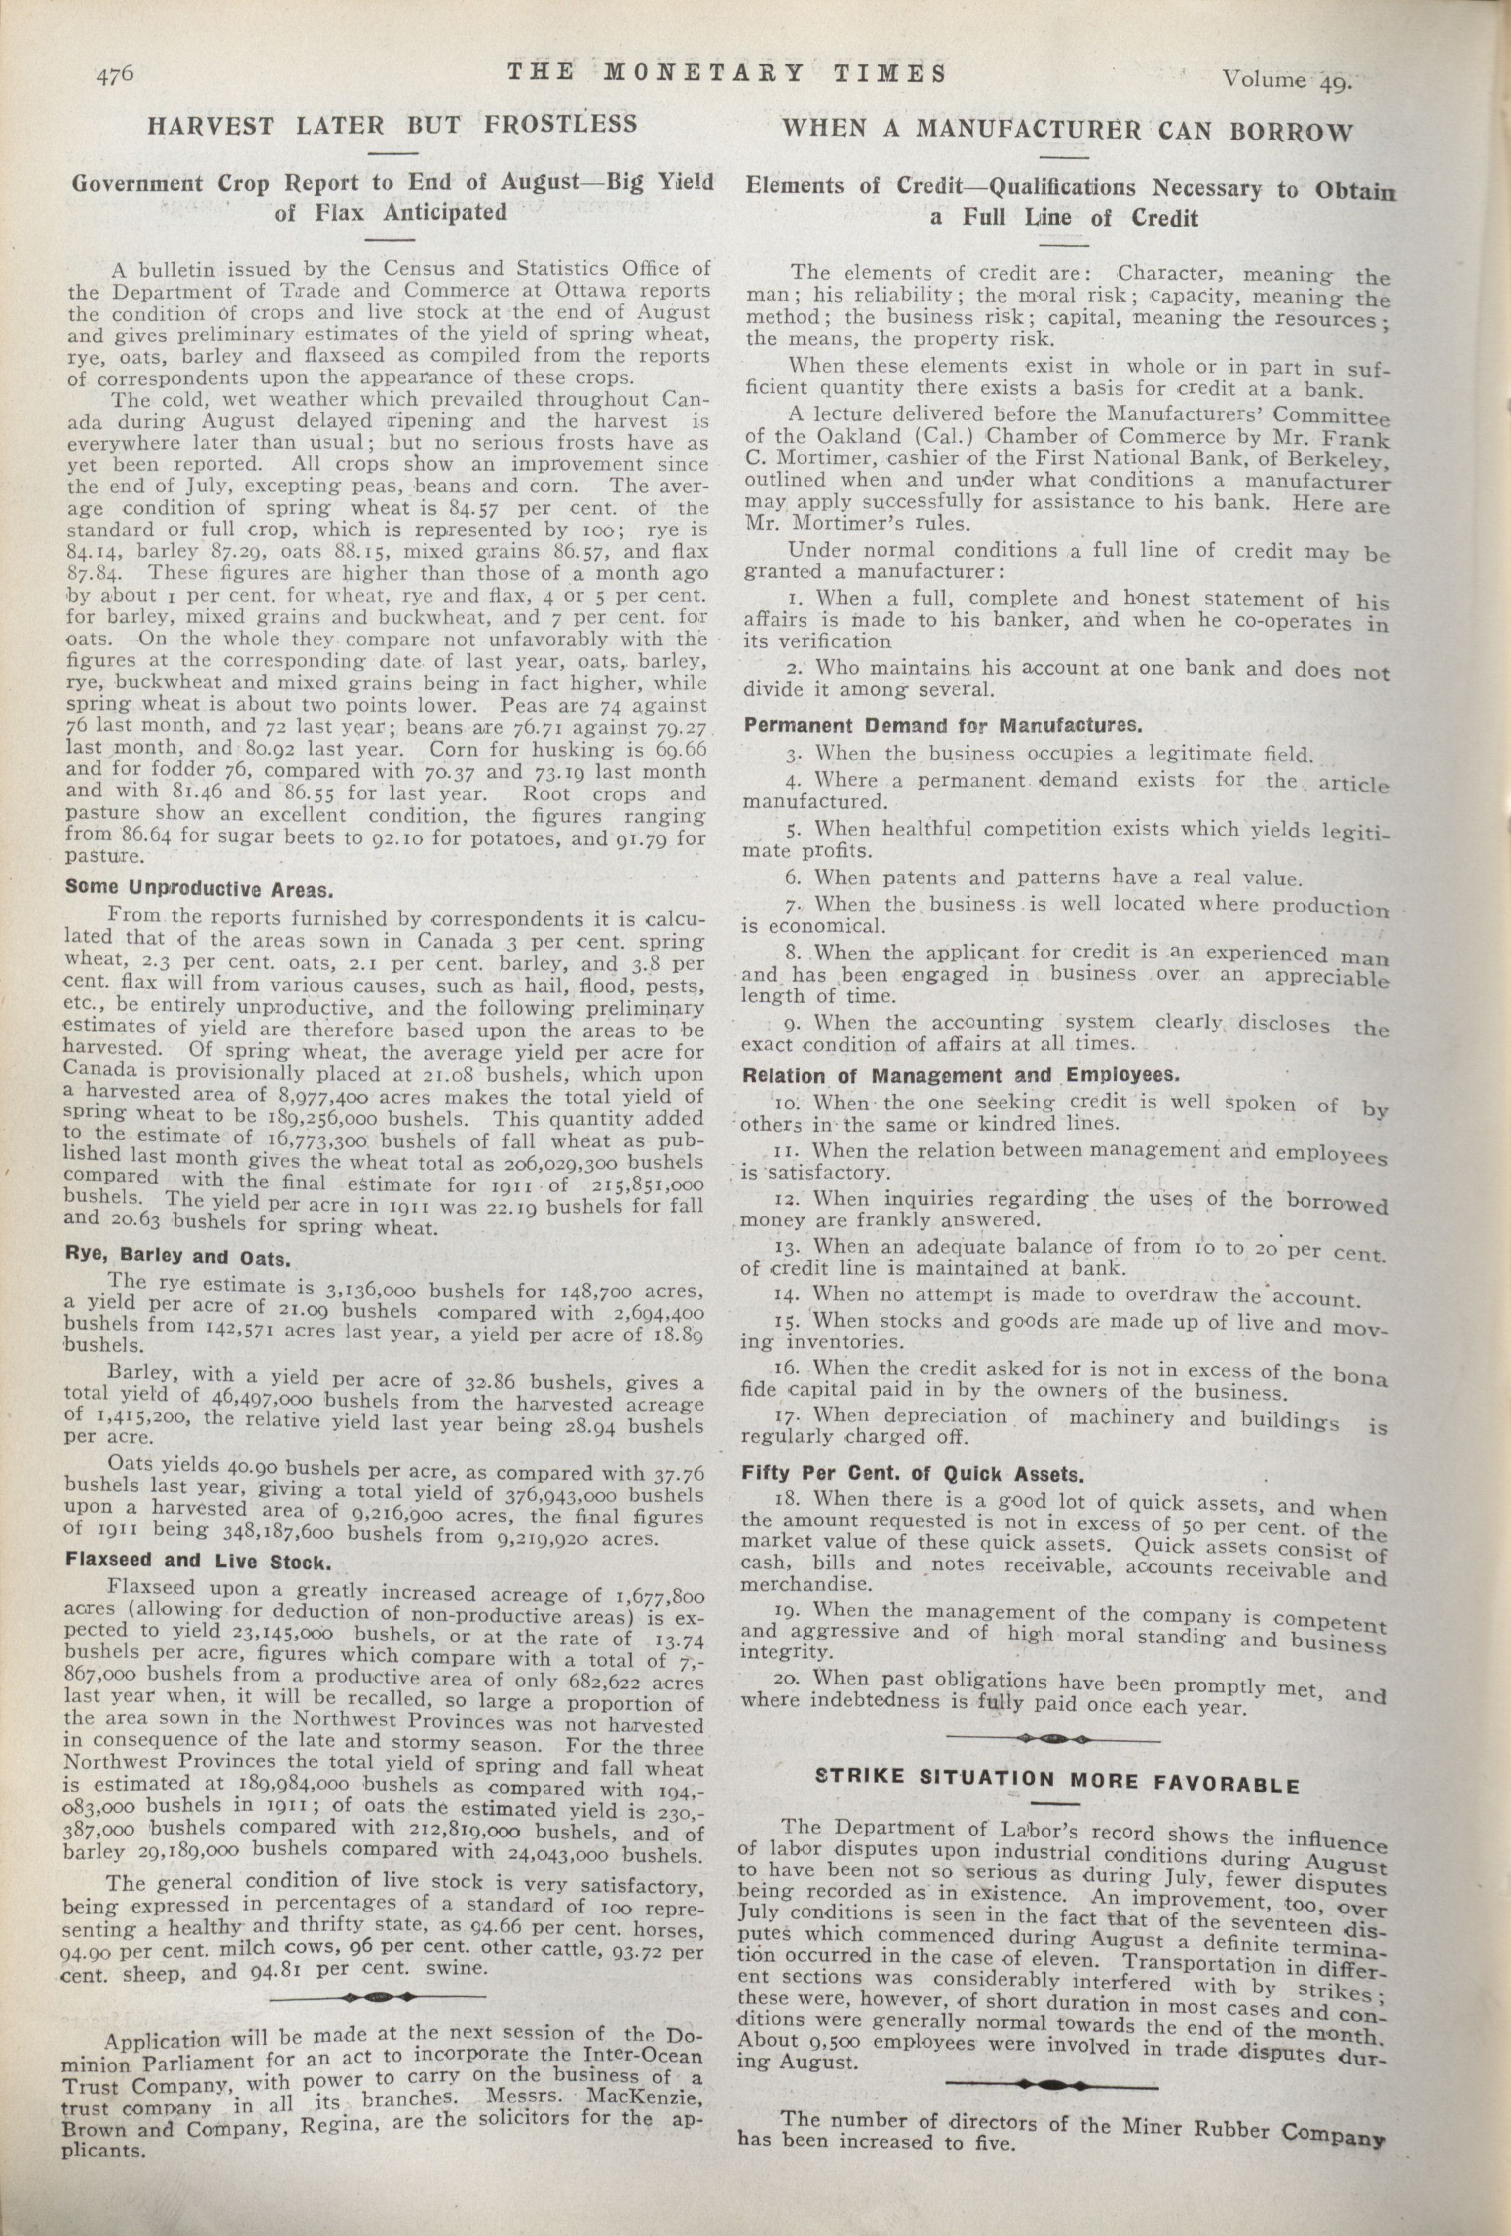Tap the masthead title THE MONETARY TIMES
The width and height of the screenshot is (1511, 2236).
click(x=726, y=72)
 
